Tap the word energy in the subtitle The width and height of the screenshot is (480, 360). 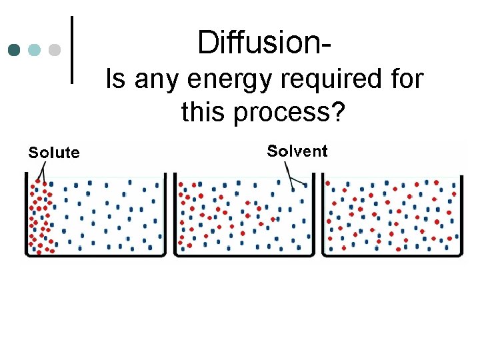[x=221, y=80]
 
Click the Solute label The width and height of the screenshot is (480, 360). [x=53, y=153]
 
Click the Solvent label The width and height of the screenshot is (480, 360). [x=297, y=151]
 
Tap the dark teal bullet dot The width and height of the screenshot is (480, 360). [x=14, y=50]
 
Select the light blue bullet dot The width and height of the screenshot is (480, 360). [x=35, y=50]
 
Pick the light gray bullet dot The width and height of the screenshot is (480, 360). [x=55, y=50]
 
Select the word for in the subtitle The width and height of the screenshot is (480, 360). [x=403, y=80]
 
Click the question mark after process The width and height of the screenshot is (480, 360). [x=339, y=113]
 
